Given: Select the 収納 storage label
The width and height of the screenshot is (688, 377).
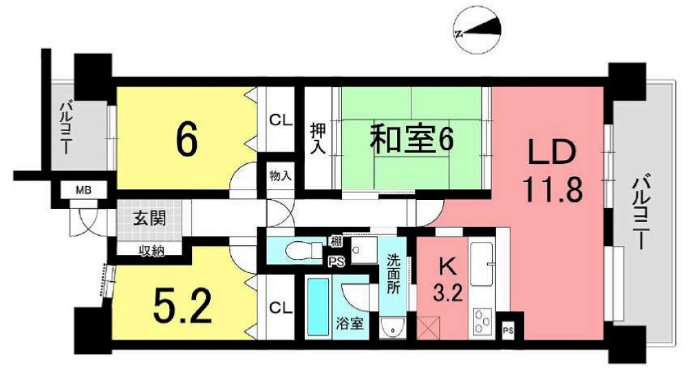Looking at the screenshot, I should click(148, 250).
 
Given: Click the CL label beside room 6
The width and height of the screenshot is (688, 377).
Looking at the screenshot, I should click(279, 120).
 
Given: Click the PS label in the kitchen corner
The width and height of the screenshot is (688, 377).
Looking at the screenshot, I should click(507, 330).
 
